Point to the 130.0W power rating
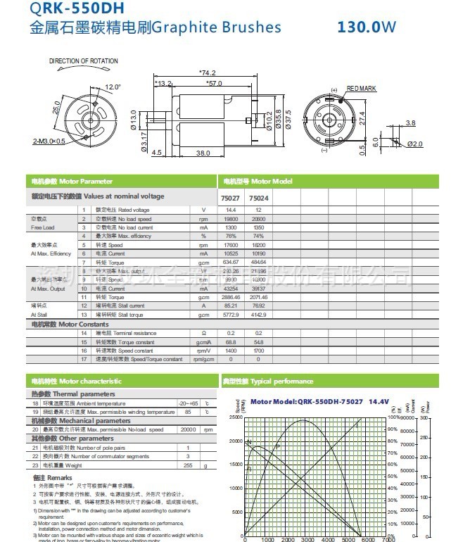tap(367, 28)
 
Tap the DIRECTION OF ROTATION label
tap(84, 61)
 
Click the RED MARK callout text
tap(362, 89)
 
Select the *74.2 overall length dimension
tap(207, 73)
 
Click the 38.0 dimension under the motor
tap(203, 152)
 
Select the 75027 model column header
tap(230, 198)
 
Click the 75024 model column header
tap(258, 198)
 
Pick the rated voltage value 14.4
tap(230, 210)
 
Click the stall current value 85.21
tap(230, 305)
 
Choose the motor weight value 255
tap(188, 465)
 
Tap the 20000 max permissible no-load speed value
tap(188, 429)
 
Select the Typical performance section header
tap(267, 382)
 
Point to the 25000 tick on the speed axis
tap(235, 417)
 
